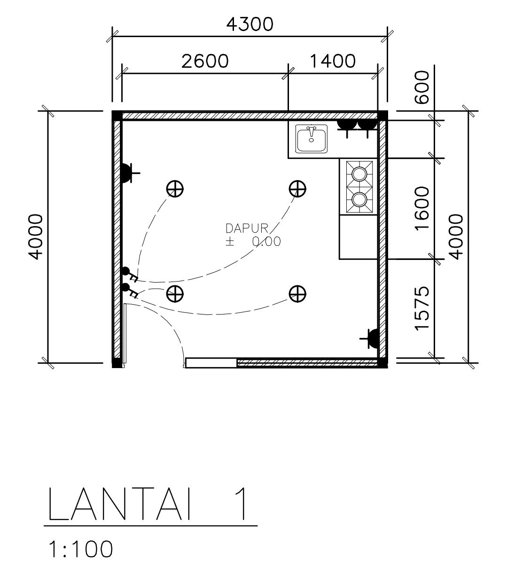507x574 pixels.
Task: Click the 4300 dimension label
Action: coord(250,24)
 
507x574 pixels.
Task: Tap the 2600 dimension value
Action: coord(205,61)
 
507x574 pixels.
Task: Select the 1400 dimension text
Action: coord(333,61)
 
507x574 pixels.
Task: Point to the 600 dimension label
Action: coord(422,87)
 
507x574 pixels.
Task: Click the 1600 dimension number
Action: coord(422,208)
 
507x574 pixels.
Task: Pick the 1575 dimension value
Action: coord(422,308)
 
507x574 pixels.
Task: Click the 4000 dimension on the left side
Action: coord(35,237)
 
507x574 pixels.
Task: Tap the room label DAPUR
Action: coord(247,228)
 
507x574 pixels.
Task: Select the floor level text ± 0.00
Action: coord(253,241)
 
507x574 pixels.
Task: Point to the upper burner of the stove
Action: coord(359,173)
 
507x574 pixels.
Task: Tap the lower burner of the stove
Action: coord(359,199)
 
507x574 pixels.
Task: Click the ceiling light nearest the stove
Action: coord(297,189)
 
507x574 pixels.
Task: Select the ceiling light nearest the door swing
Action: coord(175,294)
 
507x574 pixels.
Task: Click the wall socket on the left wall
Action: coord(126,173)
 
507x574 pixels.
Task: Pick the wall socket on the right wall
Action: coord(373,338)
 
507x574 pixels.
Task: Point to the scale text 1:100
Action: coord(81,549)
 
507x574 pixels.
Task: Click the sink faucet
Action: coord(311,132)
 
